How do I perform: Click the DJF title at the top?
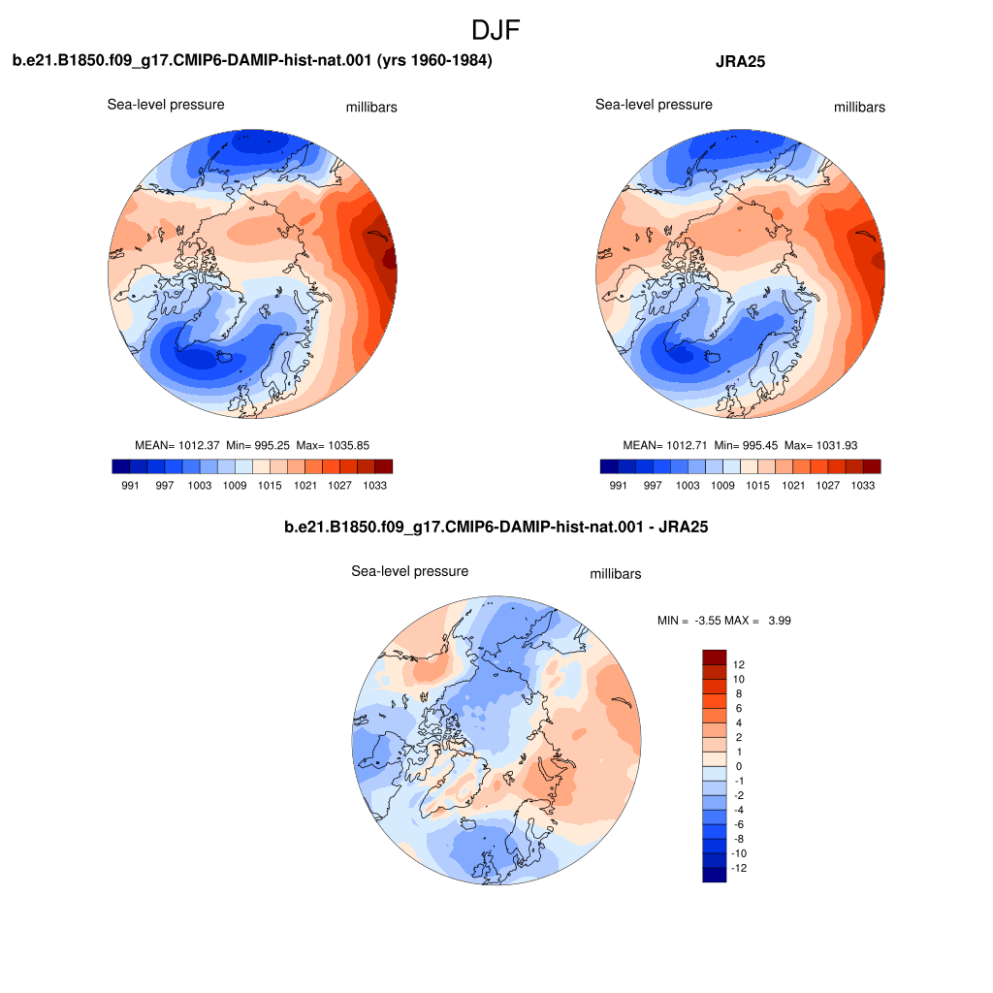[496, 30]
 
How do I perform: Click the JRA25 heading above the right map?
[740, 61]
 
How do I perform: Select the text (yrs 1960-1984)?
[434, 60]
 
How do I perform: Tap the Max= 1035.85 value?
[333, 445]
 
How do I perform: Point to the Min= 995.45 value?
[746, 445]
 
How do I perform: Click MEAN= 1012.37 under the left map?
[177, 445]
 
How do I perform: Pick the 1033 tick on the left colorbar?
[375, 485]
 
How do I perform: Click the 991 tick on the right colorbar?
[618, 485]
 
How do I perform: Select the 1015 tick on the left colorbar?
[270, 485]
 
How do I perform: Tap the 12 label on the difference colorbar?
[738, 664]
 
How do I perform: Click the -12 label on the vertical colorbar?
[738, 868]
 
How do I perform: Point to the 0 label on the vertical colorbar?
[738, 766]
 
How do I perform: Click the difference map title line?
[496, 527]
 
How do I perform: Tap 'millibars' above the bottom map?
[616, 574]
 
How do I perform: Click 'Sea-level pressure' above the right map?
[654, 105]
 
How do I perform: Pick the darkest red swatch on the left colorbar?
[384, 466]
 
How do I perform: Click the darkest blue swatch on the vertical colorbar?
[715, 875]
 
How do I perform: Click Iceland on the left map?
[225, 357]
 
